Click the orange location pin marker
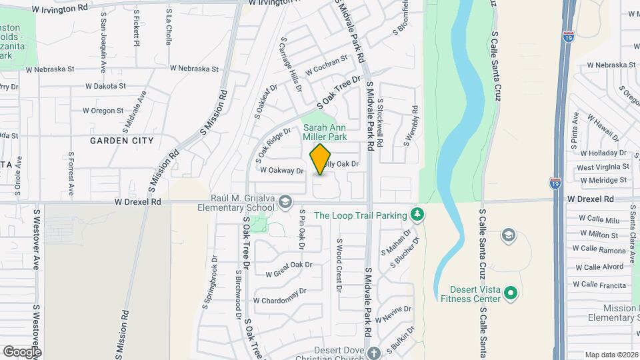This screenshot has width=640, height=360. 321,158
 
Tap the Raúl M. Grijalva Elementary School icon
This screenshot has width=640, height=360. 285,201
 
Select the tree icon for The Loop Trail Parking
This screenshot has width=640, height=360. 417,214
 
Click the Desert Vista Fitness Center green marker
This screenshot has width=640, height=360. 511,293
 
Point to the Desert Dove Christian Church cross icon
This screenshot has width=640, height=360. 374,352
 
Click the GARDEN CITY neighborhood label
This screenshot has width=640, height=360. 121,141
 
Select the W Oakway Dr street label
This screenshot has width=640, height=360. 281,171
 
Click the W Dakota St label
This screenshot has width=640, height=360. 105,86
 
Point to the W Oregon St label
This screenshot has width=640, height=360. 103,111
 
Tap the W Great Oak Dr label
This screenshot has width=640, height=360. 289,269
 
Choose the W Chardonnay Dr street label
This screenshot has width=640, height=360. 279,295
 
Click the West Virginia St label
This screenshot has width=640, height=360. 602,167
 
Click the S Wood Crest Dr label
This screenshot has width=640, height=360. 339,265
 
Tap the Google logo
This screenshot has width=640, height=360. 22,352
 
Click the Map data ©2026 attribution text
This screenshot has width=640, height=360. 610,355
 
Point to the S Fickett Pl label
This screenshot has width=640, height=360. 136,28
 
